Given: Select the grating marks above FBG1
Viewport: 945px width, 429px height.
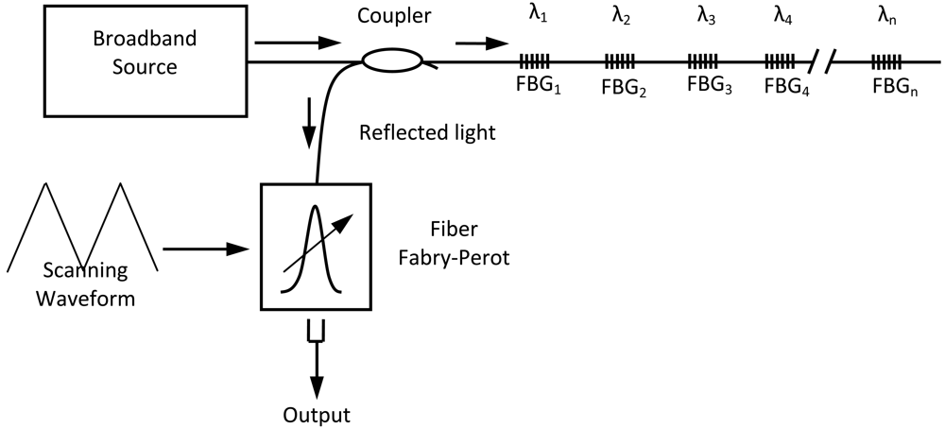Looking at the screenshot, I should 533,62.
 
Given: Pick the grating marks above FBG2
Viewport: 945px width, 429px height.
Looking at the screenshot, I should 620,62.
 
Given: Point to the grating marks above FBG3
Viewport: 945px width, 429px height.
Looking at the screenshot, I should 703,62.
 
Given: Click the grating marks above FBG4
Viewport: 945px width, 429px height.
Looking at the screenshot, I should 780,62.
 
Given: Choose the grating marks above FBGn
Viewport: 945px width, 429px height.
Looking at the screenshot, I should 885,62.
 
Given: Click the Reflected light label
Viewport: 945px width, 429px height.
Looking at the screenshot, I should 427,132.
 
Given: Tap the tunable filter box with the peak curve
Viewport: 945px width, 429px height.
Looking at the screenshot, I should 316,247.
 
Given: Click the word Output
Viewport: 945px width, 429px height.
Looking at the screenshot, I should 318,414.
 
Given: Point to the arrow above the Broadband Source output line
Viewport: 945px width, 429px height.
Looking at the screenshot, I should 298,43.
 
